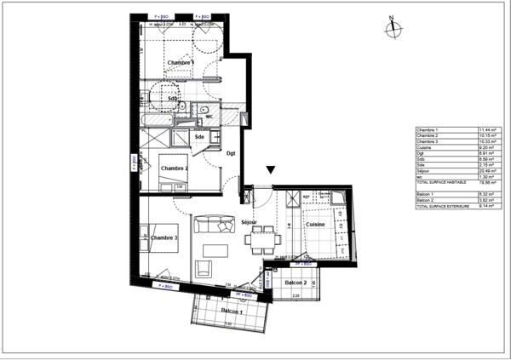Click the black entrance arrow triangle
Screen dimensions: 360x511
pyautogui.click(x=271, y=171)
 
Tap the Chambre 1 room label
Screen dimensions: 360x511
pyautogui.click(x=180, y=64)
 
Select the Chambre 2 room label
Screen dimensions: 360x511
pyautogui.click(x=175, y=169)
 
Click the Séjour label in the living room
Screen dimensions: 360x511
pyautogui.click(x=250, y=222)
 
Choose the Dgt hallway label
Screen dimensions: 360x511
pyautogui.click(x=231, y=153)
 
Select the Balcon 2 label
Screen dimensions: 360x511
pyautogui.click(x=296, y=283)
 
